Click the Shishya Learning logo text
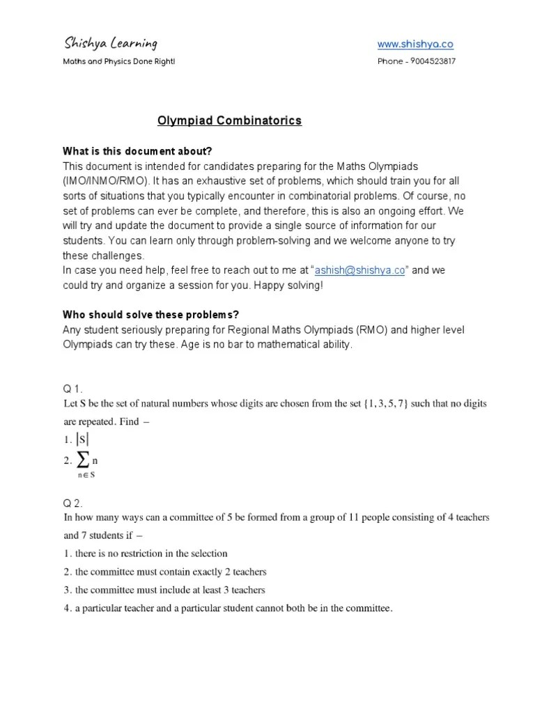click(x=110, y=44)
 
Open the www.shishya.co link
click(x=415, y=44)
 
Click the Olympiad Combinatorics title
click(x=229, y=120)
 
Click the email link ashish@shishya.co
click(x=359, y=271)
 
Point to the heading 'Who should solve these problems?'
click(x=151, y=315)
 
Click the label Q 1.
click(x=72, y=389)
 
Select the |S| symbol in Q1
click(x=83, y=439)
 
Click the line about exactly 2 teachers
click(x=165, y=572)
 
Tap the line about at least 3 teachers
click(x=164, y=590)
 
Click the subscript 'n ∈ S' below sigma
click(x=86, y=476)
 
